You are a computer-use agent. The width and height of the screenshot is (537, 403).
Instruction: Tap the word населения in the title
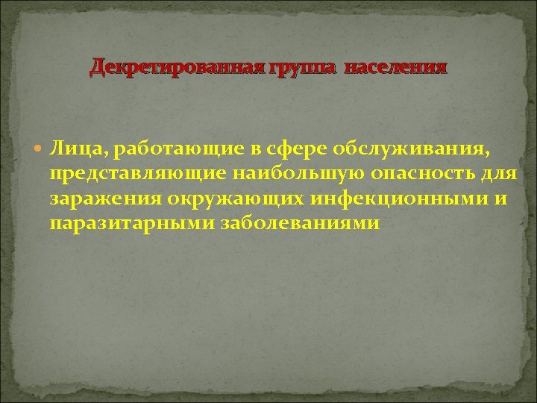(x=397, y=69)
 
